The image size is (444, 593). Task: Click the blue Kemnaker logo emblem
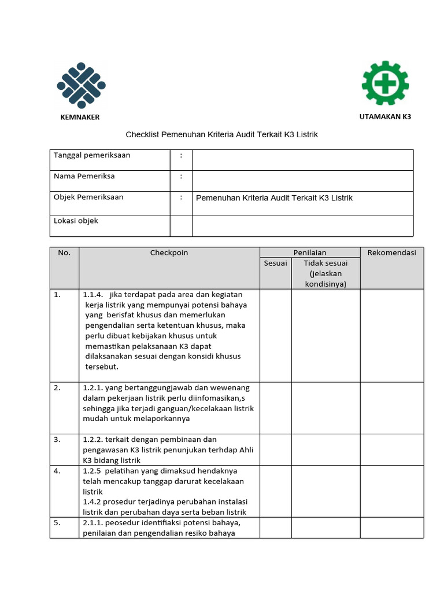click(81, 85)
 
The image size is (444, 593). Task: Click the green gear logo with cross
click(385, 83)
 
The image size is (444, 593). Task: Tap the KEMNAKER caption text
click(80, 117)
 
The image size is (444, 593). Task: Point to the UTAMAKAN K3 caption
click(385, 116)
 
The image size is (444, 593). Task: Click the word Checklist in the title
click(142, 134)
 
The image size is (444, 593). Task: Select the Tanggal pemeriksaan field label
click(92, 155)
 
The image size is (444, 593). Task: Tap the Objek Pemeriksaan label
click(88, 197)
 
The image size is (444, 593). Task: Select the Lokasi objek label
click(76, 221)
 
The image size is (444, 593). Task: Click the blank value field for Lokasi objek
click(302, 226)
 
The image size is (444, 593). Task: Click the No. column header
click(64, 252)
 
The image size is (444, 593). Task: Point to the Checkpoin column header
click(169, 252)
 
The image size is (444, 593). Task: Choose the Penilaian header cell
click(309, 252)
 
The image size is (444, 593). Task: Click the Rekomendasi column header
click(391, 252)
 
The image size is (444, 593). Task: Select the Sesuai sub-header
click(275, 263)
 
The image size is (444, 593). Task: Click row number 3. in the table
click(57, 440)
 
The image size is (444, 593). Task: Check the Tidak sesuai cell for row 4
click(325, 492)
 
